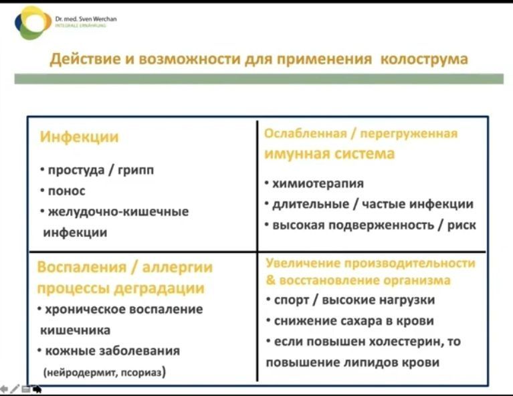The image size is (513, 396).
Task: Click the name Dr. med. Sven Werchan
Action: point(89,19)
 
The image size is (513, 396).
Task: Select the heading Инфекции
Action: point(80,138)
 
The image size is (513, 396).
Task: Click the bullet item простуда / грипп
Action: point(101,171)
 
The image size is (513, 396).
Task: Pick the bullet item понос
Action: point(66,191)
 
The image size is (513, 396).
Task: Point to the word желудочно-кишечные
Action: point(118,212)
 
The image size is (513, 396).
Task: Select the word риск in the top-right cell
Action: point(461,225)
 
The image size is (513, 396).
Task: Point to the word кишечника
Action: point(76,330)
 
